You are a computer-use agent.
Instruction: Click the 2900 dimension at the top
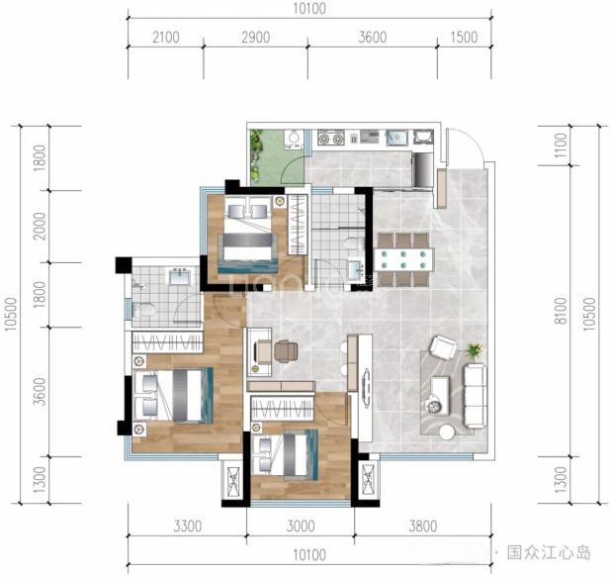[x=256, y=38]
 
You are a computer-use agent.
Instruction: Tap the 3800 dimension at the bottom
[x=423, y=527]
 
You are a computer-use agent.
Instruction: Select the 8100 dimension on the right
[x=561, y=311]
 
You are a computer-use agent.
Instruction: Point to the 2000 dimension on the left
[x=40, y=227]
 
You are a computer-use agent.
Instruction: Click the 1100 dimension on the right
[x=561, y=145]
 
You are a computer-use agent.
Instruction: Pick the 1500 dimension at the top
[x=464, y=38]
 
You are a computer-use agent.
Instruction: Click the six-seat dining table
[x=403, y=259]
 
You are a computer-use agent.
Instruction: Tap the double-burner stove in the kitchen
[x=331, y=138]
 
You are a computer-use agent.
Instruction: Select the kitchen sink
[x=397, y=138]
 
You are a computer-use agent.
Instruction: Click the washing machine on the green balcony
[x=294, y=140]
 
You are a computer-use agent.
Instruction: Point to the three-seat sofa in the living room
[x=475, y=395]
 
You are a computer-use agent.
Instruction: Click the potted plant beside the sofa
[x=475, y=350]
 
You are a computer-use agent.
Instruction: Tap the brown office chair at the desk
[x=286, y=351]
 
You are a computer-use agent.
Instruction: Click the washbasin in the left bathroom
[x=179, y=276]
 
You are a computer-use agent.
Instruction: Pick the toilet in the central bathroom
[x=354, y=244]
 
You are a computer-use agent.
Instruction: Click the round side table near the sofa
[x=447, y=433]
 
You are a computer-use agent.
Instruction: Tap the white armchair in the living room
[x=444, y=346]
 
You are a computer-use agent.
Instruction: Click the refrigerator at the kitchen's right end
[x=423, y=170]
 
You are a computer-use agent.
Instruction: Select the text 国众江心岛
[x=549, y=553]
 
